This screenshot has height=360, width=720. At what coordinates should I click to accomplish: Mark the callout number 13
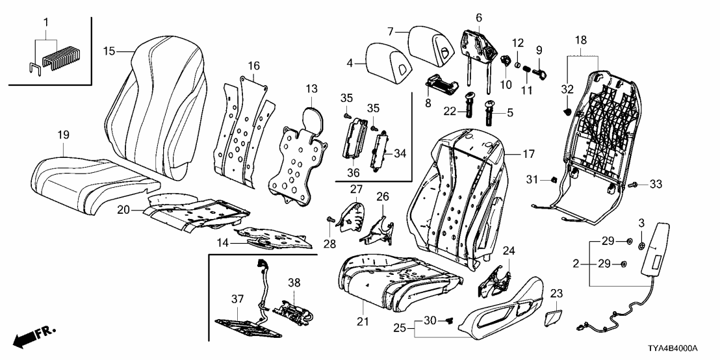tap(312, 88)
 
